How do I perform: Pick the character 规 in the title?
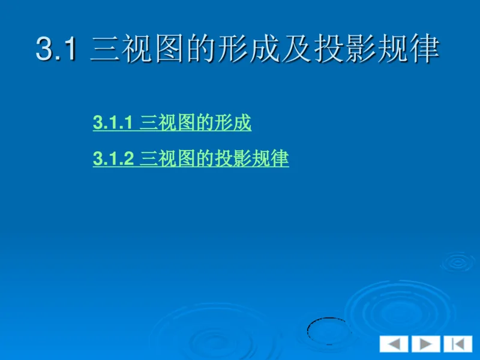pos(394,49)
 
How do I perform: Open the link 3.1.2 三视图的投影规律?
pos(191,159)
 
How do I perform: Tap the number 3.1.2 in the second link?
pos(113,159)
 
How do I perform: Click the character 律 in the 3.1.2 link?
pos(280,159)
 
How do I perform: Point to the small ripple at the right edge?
pos(459,262)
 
